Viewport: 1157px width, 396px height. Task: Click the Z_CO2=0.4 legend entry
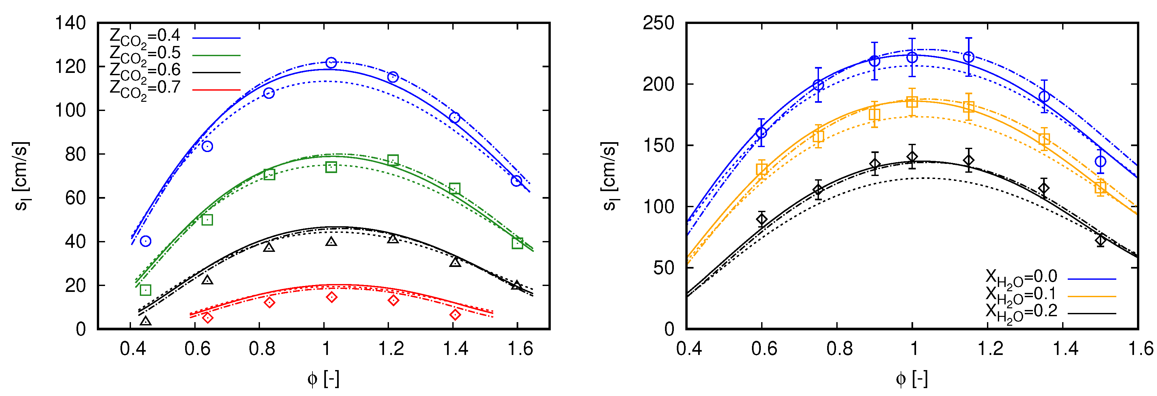coord(145,36)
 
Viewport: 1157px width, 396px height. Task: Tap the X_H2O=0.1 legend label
coord(1021,295)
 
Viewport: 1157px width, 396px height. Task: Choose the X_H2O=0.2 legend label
coord(1021,312)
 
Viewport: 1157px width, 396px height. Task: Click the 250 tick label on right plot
coord(658,23)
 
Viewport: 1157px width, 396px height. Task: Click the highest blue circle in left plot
coord(331,63)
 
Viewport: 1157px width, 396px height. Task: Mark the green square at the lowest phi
coord(145,290)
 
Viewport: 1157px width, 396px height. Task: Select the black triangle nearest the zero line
coord(145,321)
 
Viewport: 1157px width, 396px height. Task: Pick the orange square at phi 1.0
coord(912,102)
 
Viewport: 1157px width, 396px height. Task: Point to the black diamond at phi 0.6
coord(761,219)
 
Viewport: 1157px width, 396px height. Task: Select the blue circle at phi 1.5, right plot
coord(1100,161)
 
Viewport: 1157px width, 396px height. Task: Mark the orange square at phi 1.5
coord(1100,187)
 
